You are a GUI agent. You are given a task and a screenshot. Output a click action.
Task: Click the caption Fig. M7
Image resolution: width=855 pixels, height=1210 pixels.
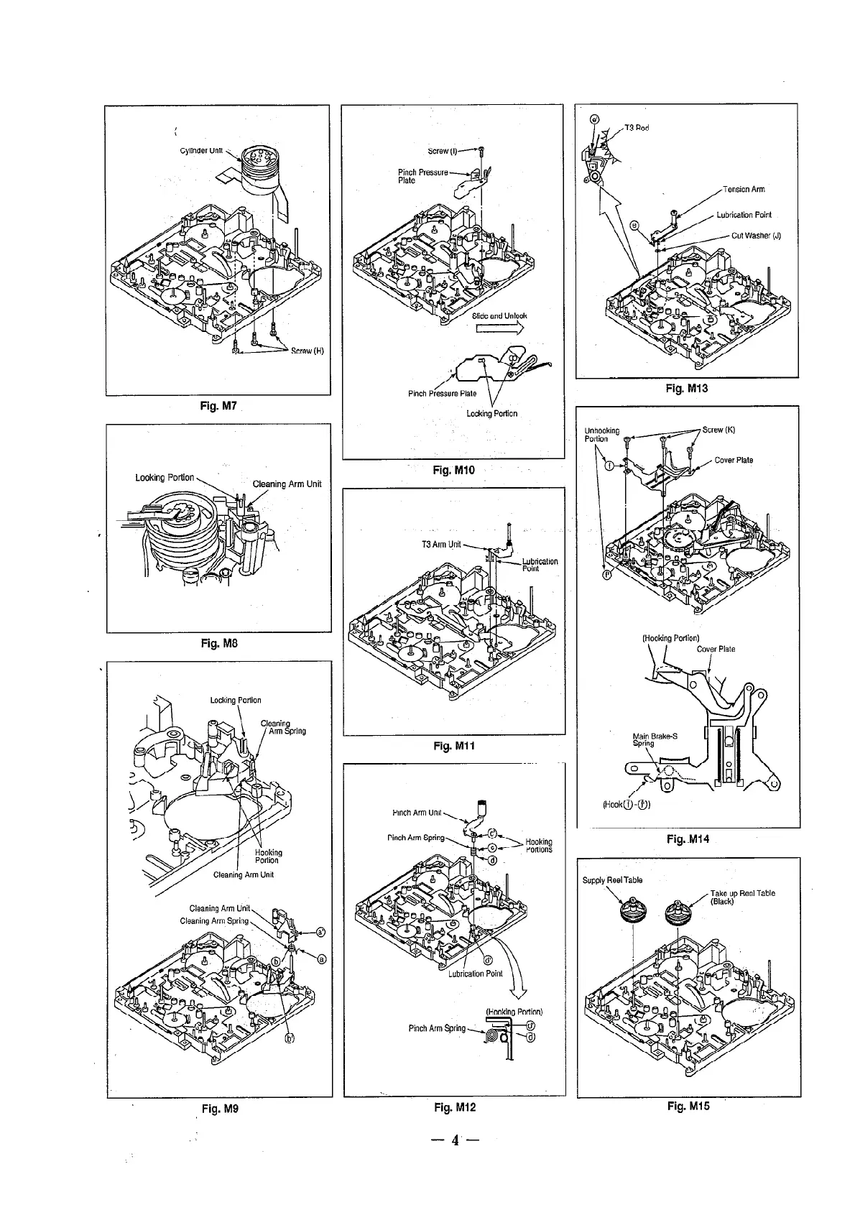218,407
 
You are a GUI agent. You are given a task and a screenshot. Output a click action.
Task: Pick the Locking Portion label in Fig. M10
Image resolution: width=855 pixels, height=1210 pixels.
492,414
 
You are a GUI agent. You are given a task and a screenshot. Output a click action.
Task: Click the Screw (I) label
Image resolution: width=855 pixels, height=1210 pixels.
442,152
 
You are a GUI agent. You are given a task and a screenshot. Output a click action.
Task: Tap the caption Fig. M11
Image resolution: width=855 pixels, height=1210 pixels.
454,747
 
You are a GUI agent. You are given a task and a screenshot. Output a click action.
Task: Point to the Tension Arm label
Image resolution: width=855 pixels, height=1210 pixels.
744,190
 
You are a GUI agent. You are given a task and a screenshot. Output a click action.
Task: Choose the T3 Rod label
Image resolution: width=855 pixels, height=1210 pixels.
637,128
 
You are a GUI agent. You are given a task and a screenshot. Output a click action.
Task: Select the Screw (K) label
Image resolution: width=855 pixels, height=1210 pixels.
718,430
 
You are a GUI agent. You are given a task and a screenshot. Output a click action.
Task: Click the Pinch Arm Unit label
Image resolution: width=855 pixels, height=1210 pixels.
417,813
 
